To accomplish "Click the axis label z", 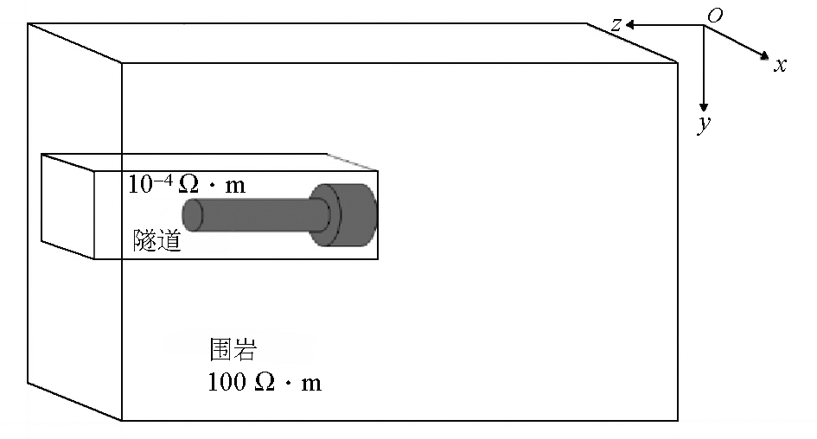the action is (x=617, y=24).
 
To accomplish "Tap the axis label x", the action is (x=780, y=65).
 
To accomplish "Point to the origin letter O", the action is (x=715, y=16).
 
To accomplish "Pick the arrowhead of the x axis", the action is (x=764, y=55).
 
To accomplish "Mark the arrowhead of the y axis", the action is (x=704, y=107).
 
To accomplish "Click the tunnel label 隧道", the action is (x=156, y=240).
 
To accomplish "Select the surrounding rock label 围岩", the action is (x=233, y=349).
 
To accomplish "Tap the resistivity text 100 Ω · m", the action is (x=265, y=382).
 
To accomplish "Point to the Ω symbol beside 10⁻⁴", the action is (x=188, y=184).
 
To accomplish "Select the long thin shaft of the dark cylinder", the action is (x=255, y=215).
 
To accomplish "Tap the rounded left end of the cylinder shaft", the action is (x=192, y=215).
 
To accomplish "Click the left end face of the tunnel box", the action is (x=67, y=207).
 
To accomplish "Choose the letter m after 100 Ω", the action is (x=311, y=385).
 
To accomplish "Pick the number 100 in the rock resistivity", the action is (x=227, y=382).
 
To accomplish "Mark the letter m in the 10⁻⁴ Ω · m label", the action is (x=235, y=186).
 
